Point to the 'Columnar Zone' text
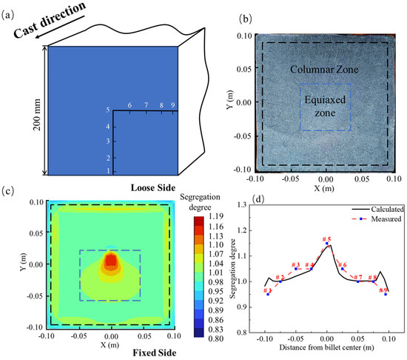pyautogui.click(x=323, y=70)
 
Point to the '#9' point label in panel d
pyautogui.click(x=383, y=290)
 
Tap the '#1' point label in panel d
pyautogui.click(x=268, y=290)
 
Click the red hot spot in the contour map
pyautogui.click(x=111, y=260)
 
